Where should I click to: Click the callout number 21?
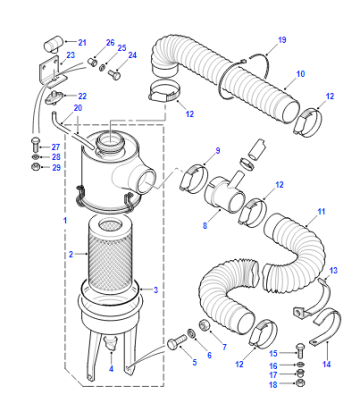82,42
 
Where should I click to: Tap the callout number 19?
282,40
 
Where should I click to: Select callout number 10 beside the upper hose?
300,74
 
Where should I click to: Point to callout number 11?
321,211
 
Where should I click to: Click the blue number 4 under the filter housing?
111,369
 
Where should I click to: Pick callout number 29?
56,167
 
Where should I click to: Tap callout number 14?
327,364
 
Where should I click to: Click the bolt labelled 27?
35,145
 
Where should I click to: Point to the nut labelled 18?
301,383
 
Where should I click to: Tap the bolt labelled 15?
300,349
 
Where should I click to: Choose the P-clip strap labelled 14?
327,327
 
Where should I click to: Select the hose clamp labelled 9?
194,178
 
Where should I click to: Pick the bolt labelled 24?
114,75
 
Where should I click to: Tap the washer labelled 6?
191,333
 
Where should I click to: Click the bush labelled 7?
204,325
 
